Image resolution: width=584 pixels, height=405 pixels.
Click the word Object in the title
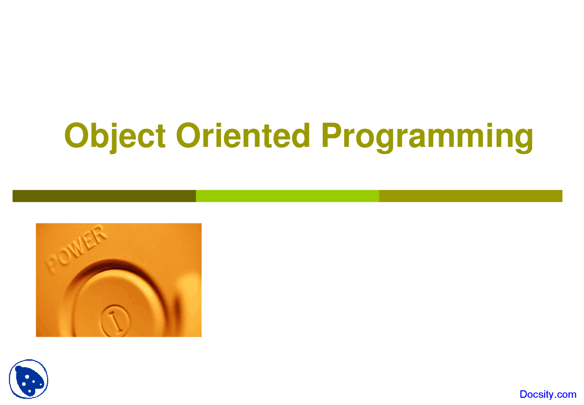115,136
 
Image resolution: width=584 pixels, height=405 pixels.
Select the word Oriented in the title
243,136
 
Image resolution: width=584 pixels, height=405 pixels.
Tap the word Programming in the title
427,137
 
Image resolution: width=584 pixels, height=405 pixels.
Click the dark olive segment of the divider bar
104,196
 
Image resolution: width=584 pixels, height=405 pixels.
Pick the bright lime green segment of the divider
287,196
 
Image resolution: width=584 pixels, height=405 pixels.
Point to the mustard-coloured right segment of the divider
470,196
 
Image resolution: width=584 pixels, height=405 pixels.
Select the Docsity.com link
548,394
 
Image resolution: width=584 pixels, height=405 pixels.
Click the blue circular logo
28,379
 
